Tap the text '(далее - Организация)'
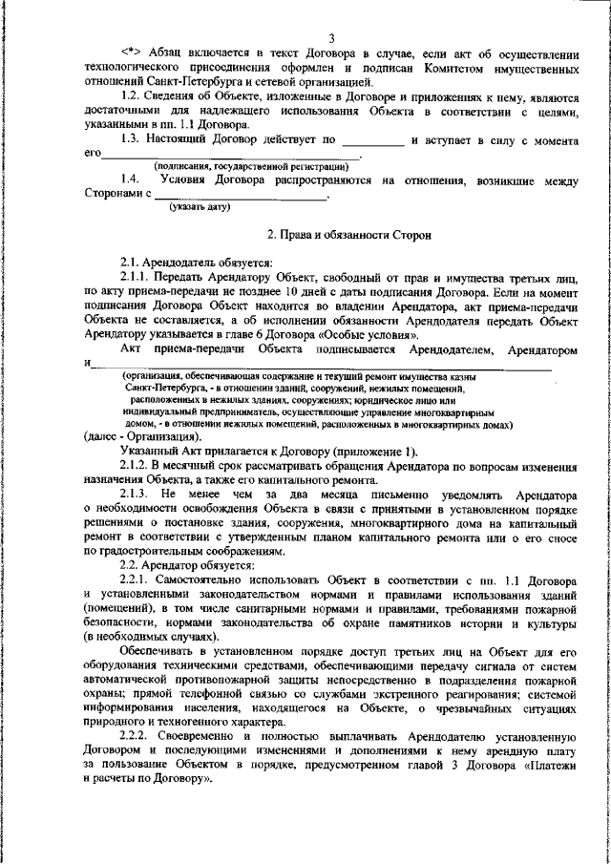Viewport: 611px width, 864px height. pyautogui.click(x=142, y=435)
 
